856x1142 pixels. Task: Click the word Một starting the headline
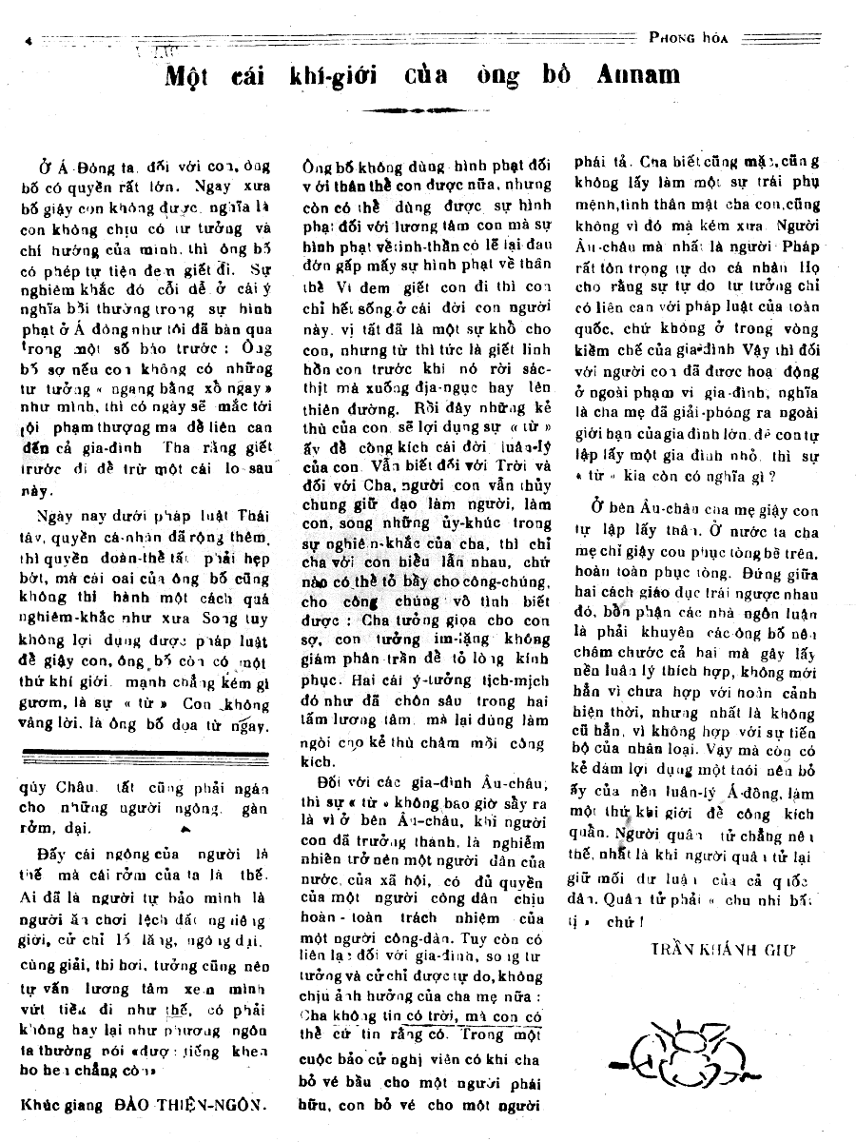pyautogui.click(x=191, y=74)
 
